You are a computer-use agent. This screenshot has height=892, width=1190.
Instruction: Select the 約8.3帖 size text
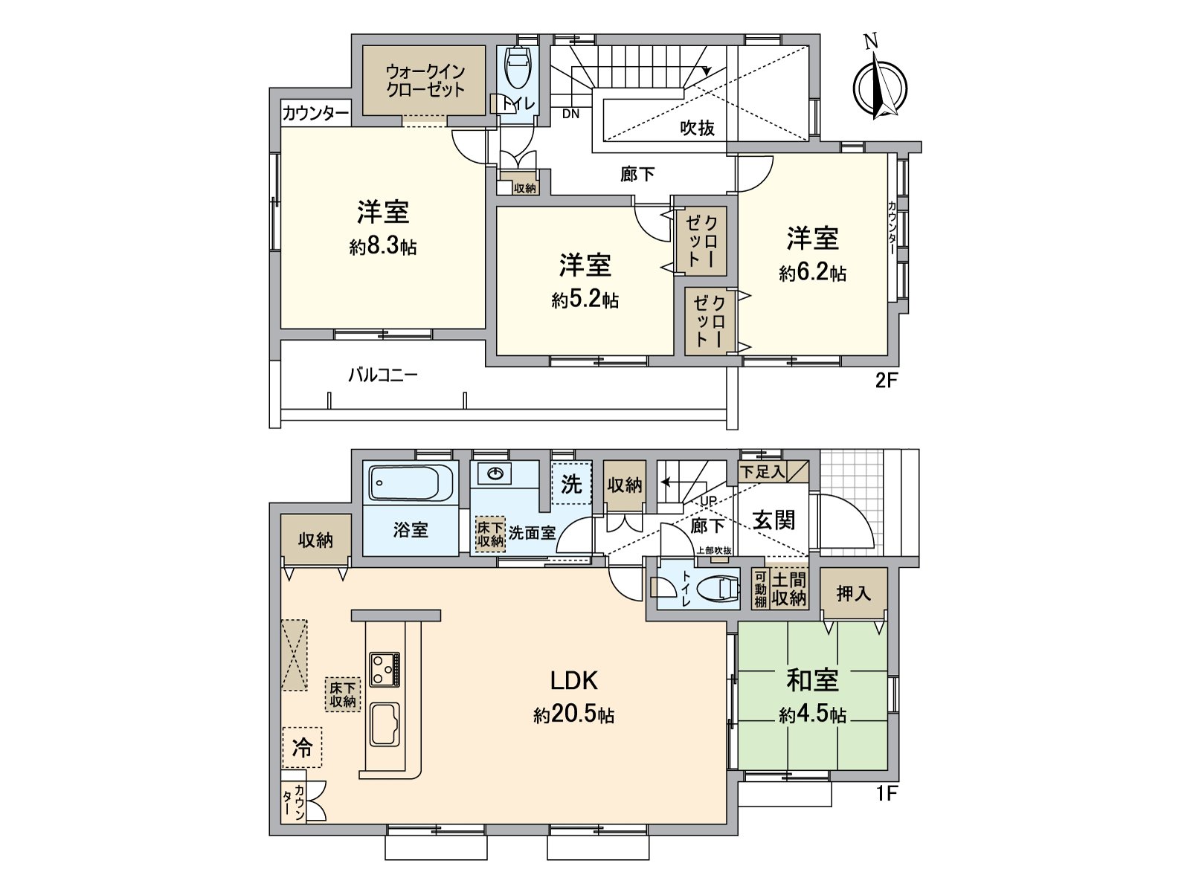[x=383, y=247]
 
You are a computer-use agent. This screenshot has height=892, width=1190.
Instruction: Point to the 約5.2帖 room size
[x=585, y=300]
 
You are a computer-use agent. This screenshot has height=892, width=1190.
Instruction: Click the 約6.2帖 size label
[x=812, y=273]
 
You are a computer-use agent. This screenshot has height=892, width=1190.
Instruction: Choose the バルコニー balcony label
[x=383, y=375]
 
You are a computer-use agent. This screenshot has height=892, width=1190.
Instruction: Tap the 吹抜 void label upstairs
[x=698, y=128]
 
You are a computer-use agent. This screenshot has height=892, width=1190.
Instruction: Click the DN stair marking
[x=571, y=114]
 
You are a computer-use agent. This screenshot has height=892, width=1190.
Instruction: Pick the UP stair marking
[x=708, y=502]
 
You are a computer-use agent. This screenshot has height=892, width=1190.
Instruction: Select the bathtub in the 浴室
[x=411, y=483]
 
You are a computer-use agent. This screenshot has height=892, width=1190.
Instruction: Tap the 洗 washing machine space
[x=571, y=484]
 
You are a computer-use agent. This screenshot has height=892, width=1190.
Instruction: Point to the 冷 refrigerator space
[x=302, y=747]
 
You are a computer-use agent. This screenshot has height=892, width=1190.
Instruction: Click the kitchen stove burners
[x=385, y=670]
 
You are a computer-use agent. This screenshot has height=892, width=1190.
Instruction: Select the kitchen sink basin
[x=385, y=725]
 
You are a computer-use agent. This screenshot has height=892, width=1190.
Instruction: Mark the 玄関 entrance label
[x=773, y=521]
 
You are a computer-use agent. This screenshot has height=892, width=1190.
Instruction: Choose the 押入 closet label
[x=853, y=594]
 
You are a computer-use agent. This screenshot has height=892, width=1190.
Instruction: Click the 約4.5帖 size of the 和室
[x=812, y=715]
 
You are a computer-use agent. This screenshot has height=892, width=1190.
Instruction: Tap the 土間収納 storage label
[x=789, y=589]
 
